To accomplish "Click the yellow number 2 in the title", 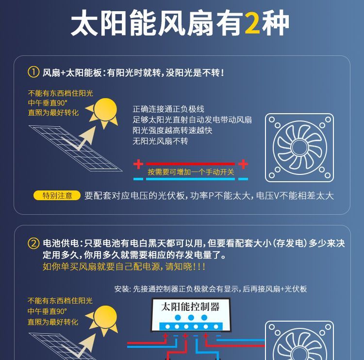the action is pos(252,23).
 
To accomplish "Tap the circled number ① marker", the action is pos(33,72).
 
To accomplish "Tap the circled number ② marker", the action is pos(33,243).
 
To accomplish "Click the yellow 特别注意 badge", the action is pos(57,195).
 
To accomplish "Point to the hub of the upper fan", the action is pos(299,147).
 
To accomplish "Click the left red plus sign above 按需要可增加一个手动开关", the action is pos(138,164).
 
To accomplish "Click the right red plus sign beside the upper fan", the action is pos(243,164).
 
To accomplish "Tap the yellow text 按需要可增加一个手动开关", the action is pos(191,172).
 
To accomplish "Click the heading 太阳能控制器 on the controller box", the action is pos(190,307).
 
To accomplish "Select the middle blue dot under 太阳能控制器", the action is pos(191,317).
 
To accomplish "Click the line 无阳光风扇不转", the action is pos(160,141).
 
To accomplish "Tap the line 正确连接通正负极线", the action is pos(168,109).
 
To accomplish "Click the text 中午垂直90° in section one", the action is pos(48,103).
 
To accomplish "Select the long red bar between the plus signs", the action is pos(190,164).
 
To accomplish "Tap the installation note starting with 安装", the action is pos(211,289).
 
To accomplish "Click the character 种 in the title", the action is pos(276,23).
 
